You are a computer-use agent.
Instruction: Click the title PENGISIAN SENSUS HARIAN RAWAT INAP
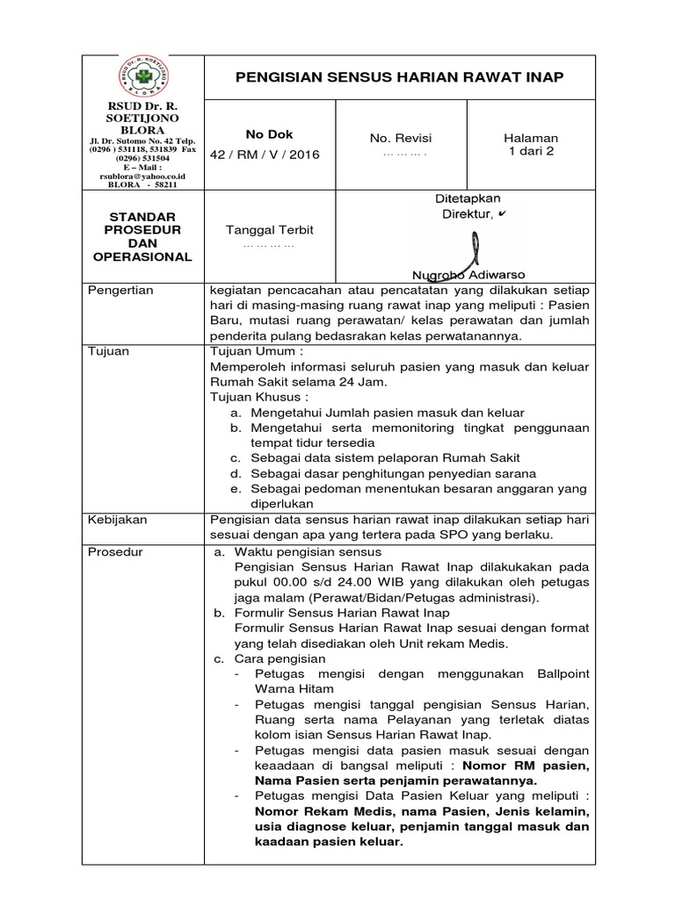coord(400,78)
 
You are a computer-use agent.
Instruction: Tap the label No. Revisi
coord(401,139)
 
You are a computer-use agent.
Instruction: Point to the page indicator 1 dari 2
coord(530,151)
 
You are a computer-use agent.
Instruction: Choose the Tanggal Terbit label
coord(269,230)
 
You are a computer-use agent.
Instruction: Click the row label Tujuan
coord(109,351)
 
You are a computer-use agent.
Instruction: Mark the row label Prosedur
coord(116,551)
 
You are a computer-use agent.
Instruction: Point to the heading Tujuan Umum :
coord(250,351)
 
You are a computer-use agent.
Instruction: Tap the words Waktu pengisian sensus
coord(308,551)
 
